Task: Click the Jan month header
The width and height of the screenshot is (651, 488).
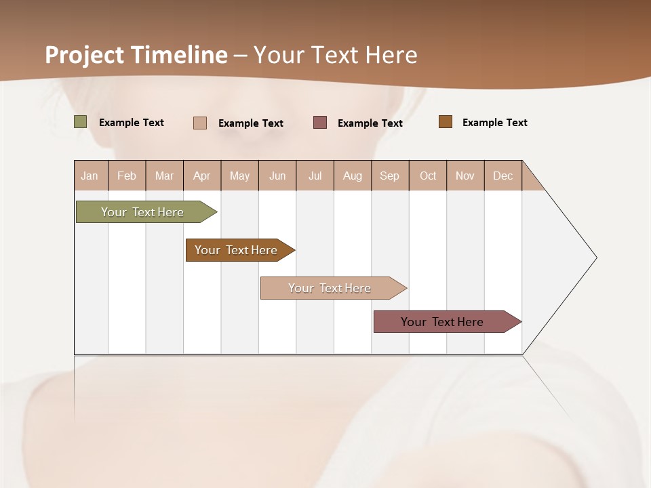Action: click(90, 176)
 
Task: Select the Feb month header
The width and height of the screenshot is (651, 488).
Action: click(127, 176)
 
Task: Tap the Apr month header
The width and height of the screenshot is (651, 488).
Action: click(201, 176)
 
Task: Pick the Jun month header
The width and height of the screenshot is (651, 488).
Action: click(277, 176)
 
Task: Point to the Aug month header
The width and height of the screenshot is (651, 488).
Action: click(352, 176)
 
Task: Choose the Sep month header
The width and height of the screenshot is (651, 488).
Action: click(389, 176)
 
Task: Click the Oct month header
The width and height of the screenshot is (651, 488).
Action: click(428, 176)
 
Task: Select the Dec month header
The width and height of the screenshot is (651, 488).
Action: click(502, 176)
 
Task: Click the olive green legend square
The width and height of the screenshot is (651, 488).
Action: click(81, 122)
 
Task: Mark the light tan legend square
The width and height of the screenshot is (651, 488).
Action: click(200, 123)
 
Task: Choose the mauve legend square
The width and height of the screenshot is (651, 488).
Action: click(320, 123)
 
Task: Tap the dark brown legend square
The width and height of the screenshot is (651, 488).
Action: click(446, 122)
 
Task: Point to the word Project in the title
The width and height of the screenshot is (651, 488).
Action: click(85, 55)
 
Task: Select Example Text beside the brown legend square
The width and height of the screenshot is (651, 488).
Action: click(494, 123)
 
